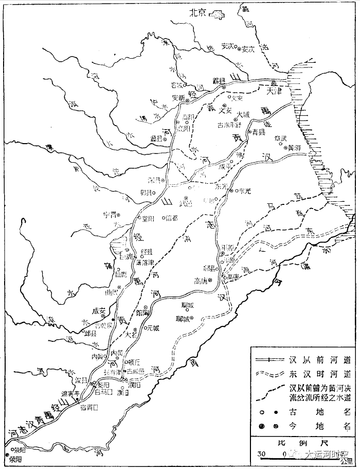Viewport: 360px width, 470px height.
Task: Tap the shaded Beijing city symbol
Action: [217, 14]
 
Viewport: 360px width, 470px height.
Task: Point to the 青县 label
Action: [258, 133]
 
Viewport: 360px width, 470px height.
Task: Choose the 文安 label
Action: [226, 110]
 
